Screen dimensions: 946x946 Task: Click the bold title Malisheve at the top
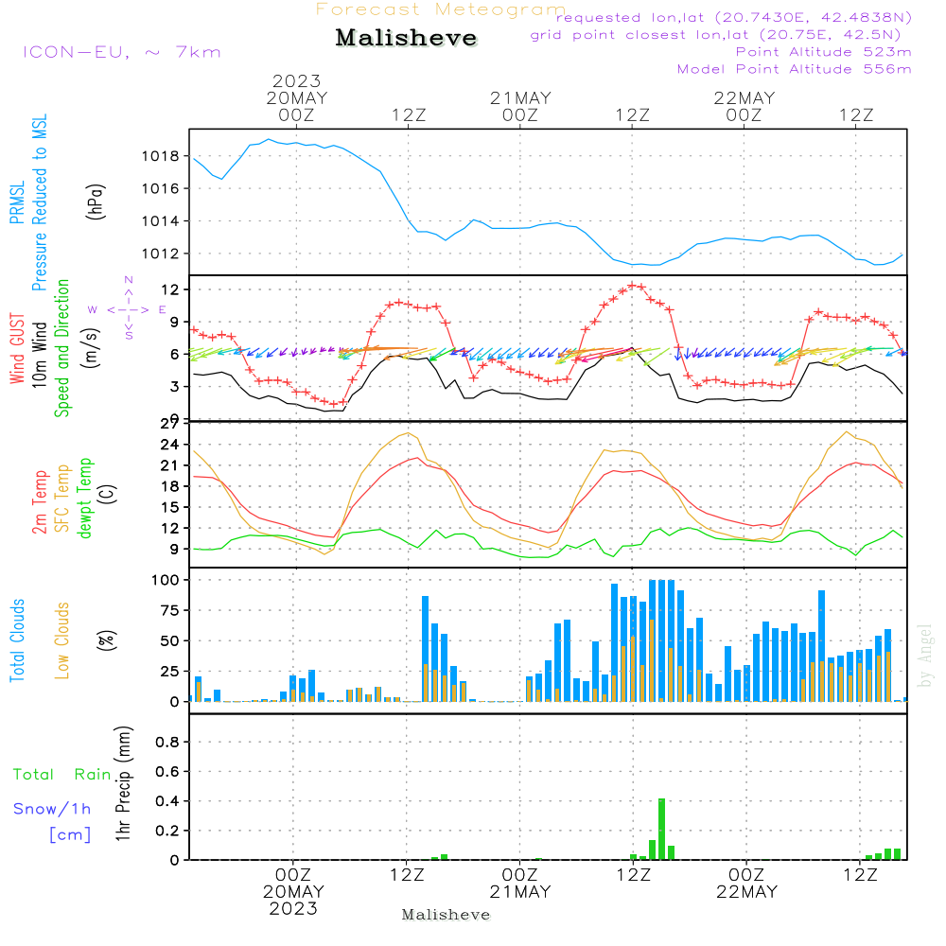click(x=406, y=38)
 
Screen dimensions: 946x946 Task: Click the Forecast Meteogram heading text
click(x=441, y=9)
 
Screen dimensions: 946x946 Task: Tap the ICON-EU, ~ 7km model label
click(x=122, y=52)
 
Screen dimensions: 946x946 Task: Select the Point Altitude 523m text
click(x=824, y=52)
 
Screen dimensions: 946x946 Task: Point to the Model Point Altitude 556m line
click(x=794, y=69)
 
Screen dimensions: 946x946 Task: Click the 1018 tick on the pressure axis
click(x=161, y=157)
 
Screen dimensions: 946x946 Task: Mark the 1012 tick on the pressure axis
click(x=161, y=254)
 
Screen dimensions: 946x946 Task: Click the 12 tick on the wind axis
click(x=171, y=289)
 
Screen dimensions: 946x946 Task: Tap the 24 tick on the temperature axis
click(x=170, y=445)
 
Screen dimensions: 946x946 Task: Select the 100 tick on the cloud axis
click(x=166, y=581)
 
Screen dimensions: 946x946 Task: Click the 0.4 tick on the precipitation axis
click(x=167, y=801)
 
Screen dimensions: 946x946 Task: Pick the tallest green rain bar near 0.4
click(x=662, y=829)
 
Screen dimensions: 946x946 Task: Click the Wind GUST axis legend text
click(x=17, y=348)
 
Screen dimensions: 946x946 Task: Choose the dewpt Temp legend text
click(x=84, y=498)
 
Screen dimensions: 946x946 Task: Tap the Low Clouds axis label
click(x=62, y=640)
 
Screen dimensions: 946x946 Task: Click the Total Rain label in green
click(x=62, y=775)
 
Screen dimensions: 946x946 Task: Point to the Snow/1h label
click(x=52, y=809)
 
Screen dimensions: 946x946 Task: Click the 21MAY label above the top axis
click(x=520, y=98)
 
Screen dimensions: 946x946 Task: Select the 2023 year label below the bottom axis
click(x=293, y=908)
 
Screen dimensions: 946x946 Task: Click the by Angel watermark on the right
click(x=925, y=656)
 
